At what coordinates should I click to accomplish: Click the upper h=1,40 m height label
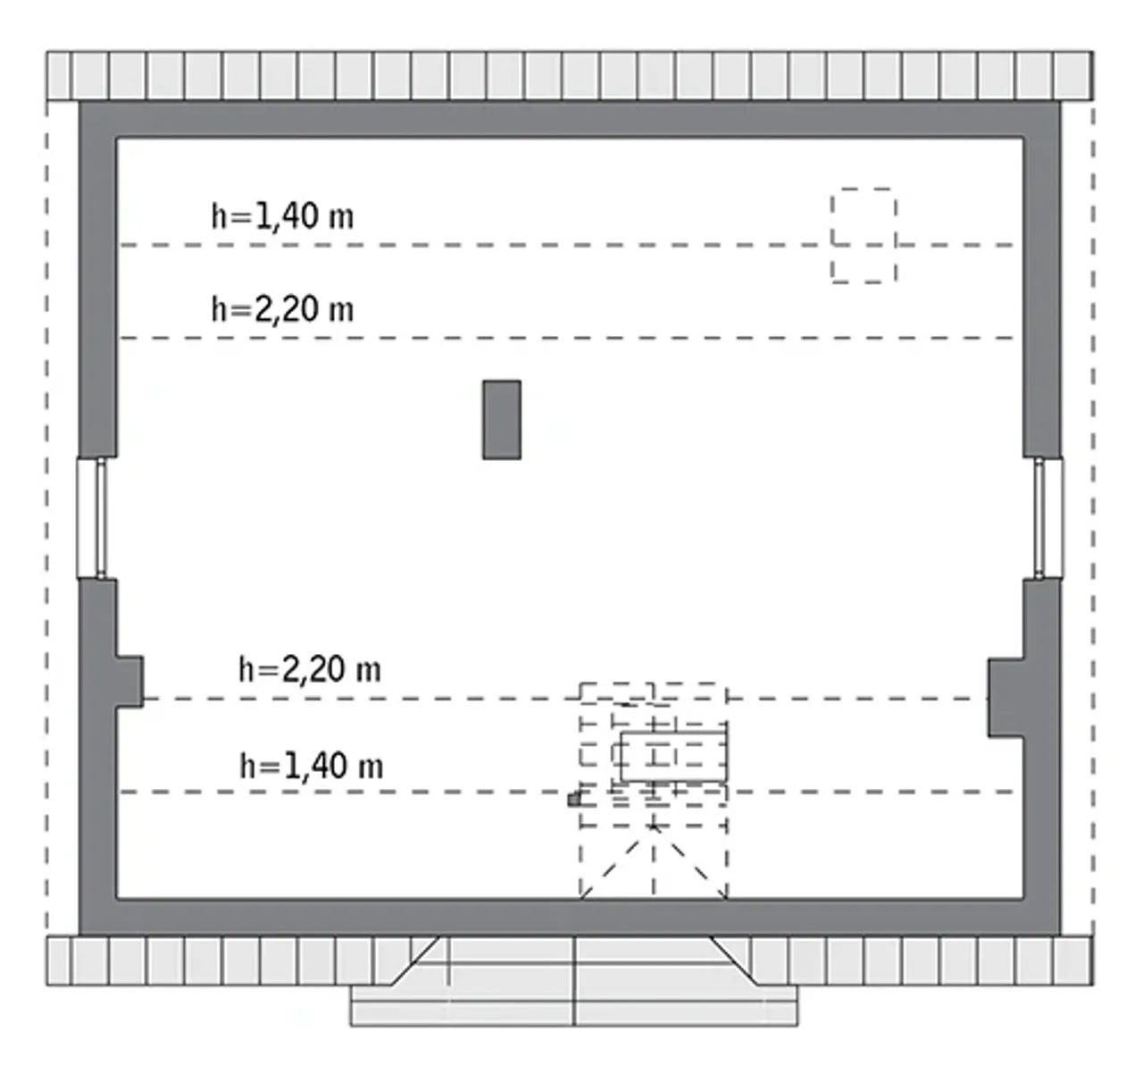point(282,216)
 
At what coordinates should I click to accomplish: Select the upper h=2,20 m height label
point(282,309)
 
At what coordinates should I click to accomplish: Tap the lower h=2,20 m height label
point(310,669)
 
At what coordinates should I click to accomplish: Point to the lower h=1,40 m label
point(312,766)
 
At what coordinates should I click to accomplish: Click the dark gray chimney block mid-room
point(501,420)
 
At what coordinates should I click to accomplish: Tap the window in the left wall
point(92,518)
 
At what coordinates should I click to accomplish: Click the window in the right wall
point(1048,518)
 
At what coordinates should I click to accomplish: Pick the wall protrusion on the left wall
point(129,683)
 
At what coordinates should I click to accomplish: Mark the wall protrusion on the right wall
point(1005,698)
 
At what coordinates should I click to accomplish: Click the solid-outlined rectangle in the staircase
point(673,757)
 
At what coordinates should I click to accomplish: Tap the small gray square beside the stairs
point(574,800)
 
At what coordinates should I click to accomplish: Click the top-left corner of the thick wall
point(79,103)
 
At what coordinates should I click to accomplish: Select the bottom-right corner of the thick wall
point(1061,935)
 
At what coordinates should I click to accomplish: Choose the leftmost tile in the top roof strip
point(58,75)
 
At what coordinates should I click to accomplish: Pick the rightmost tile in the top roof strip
point(1072,75)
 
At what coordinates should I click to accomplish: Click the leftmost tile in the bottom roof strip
point(58,960)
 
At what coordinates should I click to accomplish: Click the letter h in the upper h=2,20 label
point(218,309)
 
